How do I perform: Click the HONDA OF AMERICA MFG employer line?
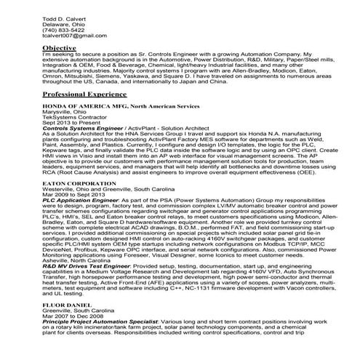click(x=116, y=108)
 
